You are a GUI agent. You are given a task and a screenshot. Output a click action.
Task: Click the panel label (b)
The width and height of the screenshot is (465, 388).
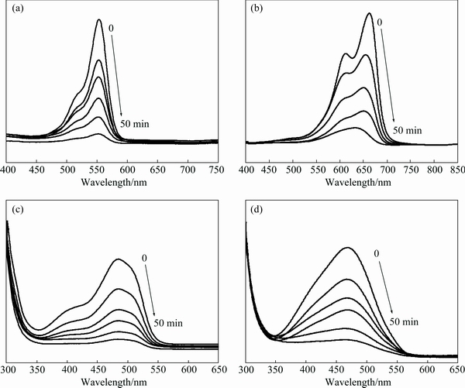coord(253,12)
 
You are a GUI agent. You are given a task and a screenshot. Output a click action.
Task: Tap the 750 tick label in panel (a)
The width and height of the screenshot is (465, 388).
coord(218,168)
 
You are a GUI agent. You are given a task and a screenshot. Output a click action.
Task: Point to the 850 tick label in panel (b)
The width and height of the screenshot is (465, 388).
coord(456,168)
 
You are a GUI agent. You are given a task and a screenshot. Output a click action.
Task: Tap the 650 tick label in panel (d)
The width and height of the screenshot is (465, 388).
coord(456,369)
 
